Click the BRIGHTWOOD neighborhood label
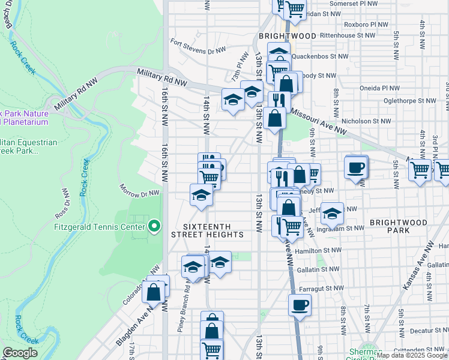287,36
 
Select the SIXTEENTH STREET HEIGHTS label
208,230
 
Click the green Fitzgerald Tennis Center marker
154,226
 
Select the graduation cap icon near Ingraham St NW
332,212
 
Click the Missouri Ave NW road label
319,120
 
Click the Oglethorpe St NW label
408,101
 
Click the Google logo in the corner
20,353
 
